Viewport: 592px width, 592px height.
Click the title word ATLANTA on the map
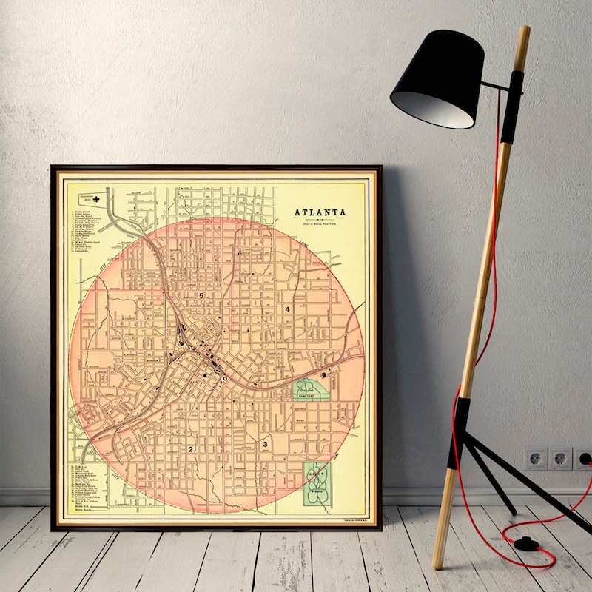point(320,212)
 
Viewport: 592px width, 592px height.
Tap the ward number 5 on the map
point(200,295)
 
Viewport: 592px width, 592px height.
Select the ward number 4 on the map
point(287,309)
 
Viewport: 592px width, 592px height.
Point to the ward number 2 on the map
point(190,448)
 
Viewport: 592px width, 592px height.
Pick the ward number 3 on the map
point(265,444)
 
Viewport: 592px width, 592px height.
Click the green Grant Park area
point(317,484)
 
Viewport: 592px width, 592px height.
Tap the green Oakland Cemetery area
point(312,390)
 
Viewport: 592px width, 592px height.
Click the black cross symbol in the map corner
point(95,198)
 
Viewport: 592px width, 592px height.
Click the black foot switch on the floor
point(526,543)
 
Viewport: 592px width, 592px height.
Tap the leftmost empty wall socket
point(536,458)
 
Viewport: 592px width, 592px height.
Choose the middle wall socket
point(561,458)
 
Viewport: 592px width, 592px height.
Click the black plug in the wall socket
point(585,458)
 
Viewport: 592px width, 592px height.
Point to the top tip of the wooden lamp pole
point(525,29)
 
